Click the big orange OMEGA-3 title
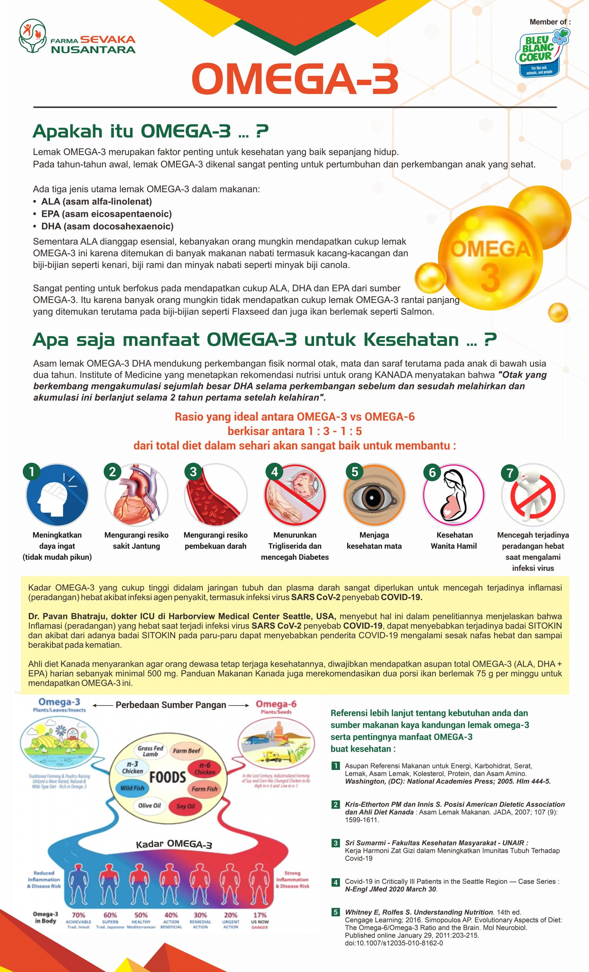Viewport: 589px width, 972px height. point(295,79)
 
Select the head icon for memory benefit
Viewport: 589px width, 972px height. point(57,495)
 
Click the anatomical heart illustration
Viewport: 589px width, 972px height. point(136,495)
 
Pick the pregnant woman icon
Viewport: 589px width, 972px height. point(453,495)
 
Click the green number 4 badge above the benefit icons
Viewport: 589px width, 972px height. point(275,472)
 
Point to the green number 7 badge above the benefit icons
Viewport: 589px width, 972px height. point(510,472)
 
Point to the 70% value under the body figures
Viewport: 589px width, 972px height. point(79,915)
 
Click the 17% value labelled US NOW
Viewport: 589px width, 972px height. point(260,915)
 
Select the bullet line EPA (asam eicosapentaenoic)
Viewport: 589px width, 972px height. point(106,214)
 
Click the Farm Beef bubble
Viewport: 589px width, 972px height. point(186,751)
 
